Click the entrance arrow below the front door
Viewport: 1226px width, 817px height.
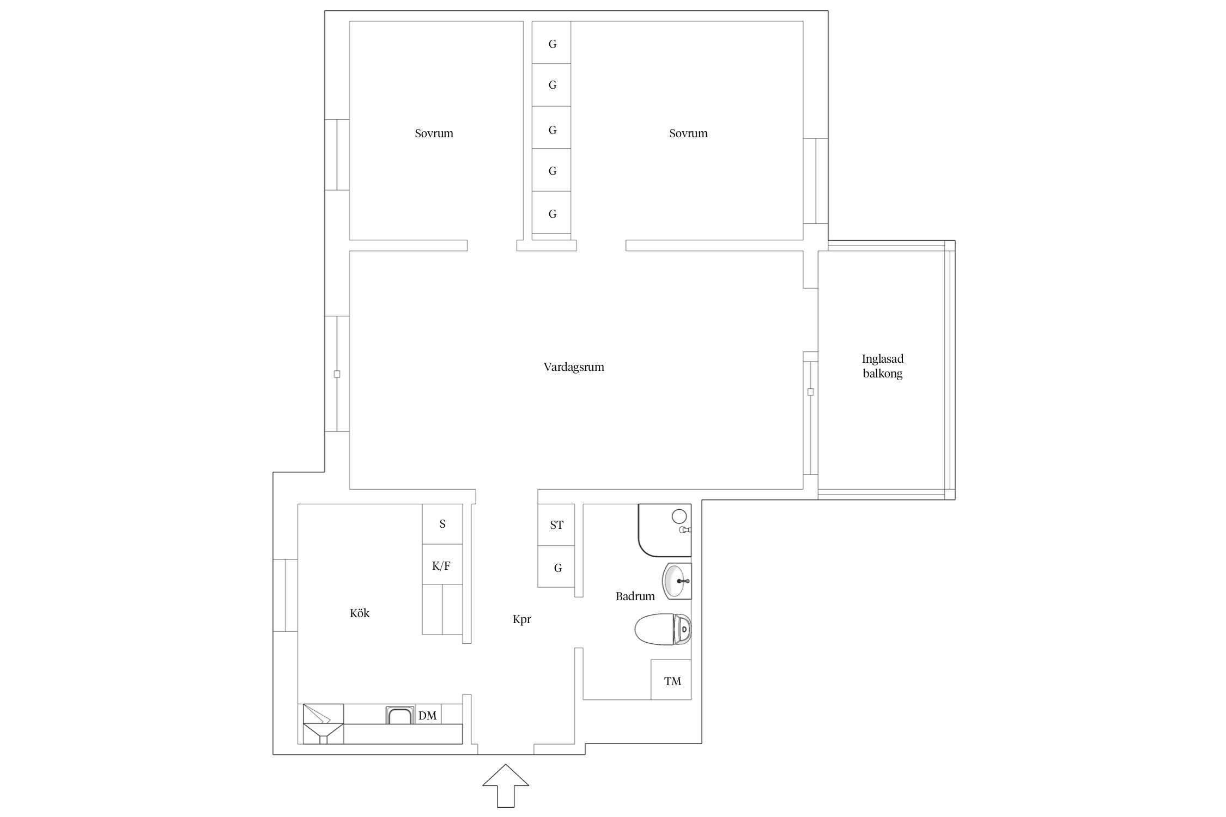pos(506,785)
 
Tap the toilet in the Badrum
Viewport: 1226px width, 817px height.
pos(663,629)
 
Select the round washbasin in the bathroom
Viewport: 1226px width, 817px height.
pos(676,581)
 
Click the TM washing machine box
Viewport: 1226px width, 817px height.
pos(671,680)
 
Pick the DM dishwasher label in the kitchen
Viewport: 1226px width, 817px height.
pos(428,716)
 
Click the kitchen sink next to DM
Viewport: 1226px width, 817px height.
pos(400,715)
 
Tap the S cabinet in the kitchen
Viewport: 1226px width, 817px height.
pos(442,524)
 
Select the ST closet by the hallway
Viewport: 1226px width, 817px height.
pos(556,525)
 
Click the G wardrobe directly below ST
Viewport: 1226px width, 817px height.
pos(556,566)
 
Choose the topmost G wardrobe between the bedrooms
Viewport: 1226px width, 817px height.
pos(551,42)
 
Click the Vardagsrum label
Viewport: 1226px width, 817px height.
pos(574,367)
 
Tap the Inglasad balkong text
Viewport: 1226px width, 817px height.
pos(883,366)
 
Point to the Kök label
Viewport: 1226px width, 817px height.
pos(360,613)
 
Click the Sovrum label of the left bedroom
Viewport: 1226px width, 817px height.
pos(434,133)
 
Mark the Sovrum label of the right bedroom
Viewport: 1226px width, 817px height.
pos(688,133)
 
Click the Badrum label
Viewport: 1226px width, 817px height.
pos(635,596)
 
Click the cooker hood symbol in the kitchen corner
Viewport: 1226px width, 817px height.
pos(323,724)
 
